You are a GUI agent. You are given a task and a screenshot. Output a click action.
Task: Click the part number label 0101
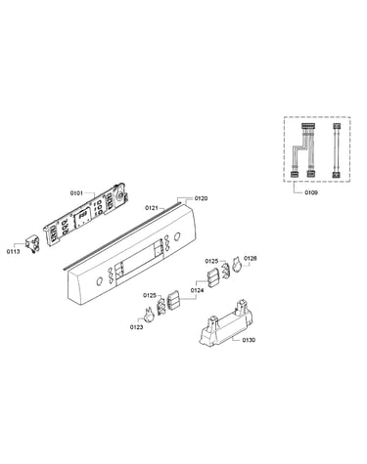(76, 193)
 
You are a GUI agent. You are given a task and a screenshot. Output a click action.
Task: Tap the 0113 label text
(13, 251)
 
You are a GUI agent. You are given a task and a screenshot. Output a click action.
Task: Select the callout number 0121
(152, 207)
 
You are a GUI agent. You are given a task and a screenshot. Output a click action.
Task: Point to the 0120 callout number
(201, 198)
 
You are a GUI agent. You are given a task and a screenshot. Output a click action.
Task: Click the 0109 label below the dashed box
(311, 192)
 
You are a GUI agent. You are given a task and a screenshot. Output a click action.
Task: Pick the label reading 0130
(249, 340)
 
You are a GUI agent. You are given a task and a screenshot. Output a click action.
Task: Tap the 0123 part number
(136, 327)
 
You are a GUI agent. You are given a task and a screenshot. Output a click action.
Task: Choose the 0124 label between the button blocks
(197, 290)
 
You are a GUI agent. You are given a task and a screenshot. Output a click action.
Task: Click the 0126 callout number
(251, 258)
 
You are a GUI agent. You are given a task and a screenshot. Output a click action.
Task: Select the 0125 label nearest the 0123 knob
(150, 295)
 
